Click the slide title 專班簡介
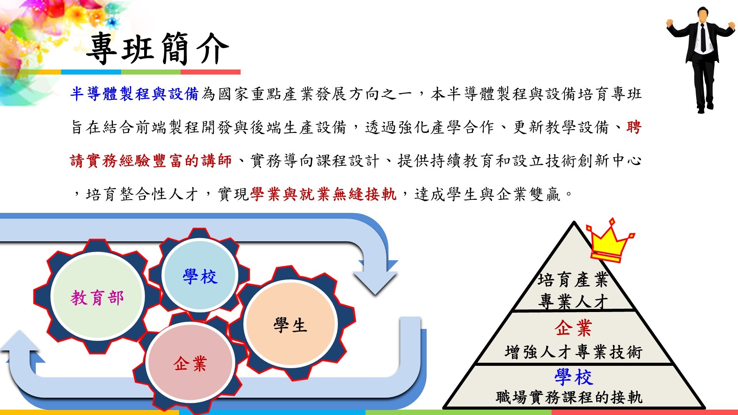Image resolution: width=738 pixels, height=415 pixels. click(x=158, y=49)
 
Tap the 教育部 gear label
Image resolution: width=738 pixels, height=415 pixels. click(x=97, y=298)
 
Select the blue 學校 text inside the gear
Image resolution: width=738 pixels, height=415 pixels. click(x=200, y=276)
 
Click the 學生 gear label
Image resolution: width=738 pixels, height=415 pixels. click(x=290, y=325)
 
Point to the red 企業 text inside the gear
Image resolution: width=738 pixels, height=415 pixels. click(x=190, y=364)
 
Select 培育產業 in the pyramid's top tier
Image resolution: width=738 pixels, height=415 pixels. click(x=573, y=280)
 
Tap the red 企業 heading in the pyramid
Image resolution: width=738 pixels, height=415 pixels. click(x=573, y=328)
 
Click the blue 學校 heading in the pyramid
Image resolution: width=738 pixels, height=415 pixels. click(x=574, y=377)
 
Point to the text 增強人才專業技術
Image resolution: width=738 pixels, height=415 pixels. click(x=573, y=352)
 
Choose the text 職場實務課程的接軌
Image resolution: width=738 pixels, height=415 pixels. click(x=569, y=397)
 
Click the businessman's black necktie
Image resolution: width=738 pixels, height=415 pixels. click(x=703, y=38)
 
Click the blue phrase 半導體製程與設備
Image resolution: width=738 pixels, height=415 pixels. click(x=134, y=94)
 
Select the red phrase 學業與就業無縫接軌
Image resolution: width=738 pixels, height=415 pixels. click(x=323, y=194)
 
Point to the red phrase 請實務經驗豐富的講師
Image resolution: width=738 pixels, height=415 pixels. click(x=151, y=161)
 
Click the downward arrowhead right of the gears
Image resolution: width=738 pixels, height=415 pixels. click(x=375, y=277)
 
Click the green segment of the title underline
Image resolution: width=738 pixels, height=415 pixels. click(x=151, y=72)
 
